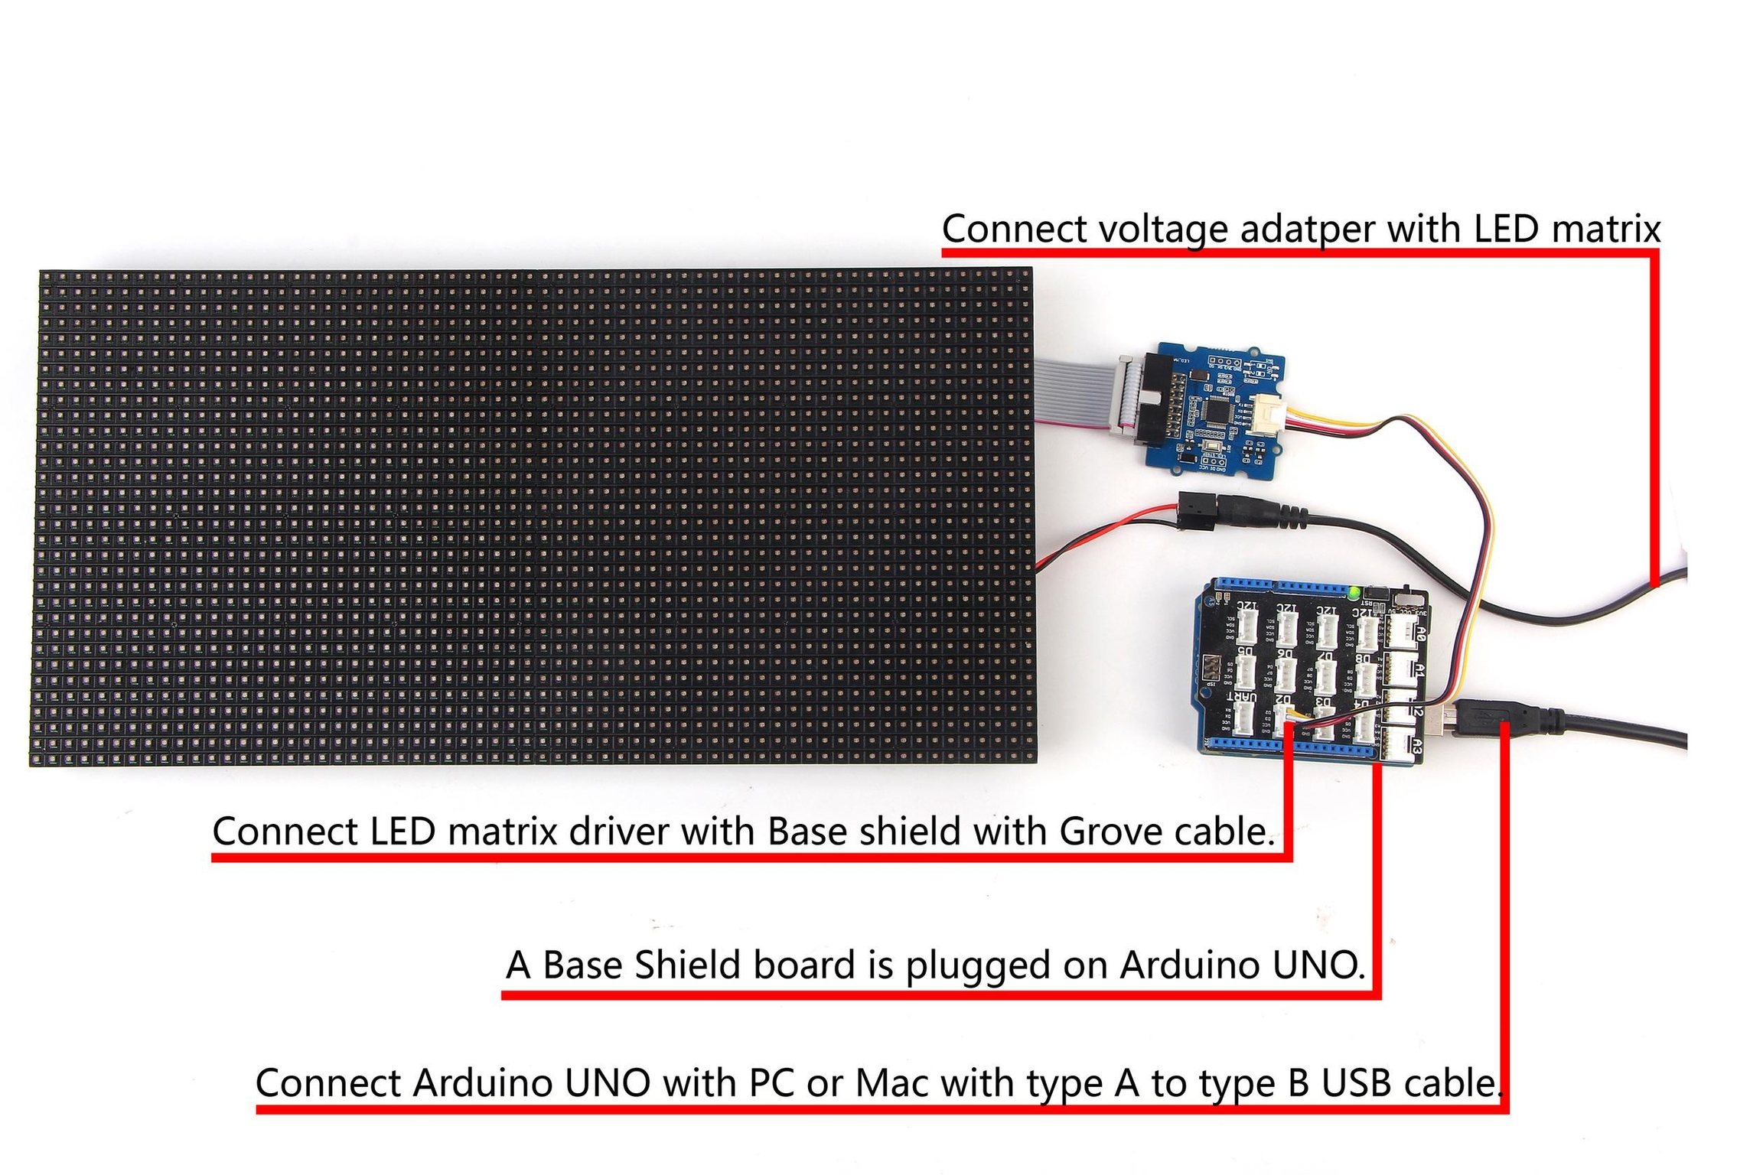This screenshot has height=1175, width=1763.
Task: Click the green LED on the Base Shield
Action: pyautogui.click(x=1355, y=593)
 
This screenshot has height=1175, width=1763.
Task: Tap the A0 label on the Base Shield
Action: pyautogui.click(x=1419, y=633)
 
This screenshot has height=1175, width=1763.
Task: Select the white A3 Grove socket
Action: pyautogui.click(x=1397, y=745)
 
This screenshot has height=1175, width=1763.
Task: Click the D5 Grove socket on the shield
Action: pyautogui.click(x=1246, y=673)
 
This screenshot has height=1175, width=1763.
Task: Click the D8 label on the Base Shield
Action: pyautogui.click(x=1364, y=657)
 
